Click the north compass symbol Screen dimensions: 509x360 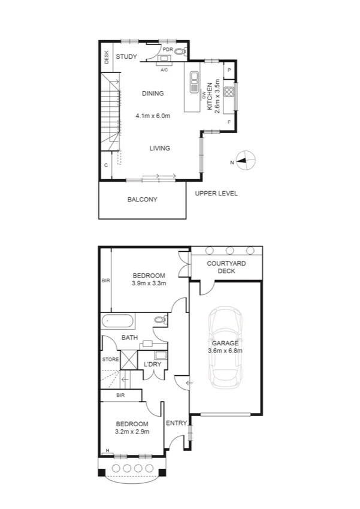coord(246,160)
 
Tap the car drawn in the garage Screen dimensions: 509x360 coord(225,348)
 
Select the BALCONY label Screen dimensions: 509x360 coord(142,200)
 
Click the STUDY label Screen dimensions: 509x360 coord(126,57)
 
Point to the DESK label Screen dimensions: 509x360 coord(107,58)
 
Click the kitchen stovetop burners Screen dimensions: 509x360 coord(229,92)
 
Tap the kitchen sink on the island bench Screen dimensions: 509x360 coord(195,82)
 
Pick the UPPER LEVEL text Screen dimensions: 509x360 coord(216,194)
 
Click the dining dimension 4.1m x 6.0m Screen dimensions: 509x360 coord(153,115)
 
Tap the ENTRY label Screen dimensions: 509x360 coord(177,423)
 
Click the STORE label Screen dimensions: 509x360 coord(110,360)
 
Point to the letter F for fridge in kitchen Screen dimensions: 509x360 coord(229,122)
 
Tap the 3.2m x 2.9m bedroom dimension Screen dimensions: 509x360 coord(132,431)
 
